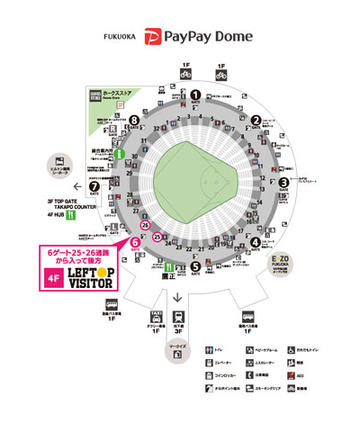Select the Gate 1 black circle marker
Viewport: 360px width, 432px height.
(195, 94)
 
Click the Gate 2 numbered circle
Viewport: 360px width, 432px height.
(256, 119)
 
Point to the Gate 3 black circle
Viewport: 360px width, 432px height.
(283, 182)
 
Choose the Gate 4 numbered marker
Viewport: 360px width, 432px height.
(256, 242)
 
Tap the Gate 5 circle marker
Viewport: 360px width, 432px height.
(196, 267)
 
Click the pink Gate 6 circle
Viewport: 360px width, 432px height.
(134, 242)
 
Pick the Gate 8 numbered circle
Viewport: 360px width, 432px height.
(134, 119)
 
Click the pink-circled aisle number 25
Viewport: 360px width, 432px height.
(158, 238)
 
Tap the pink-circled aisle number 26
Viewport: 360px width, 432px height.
(145, 250)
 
